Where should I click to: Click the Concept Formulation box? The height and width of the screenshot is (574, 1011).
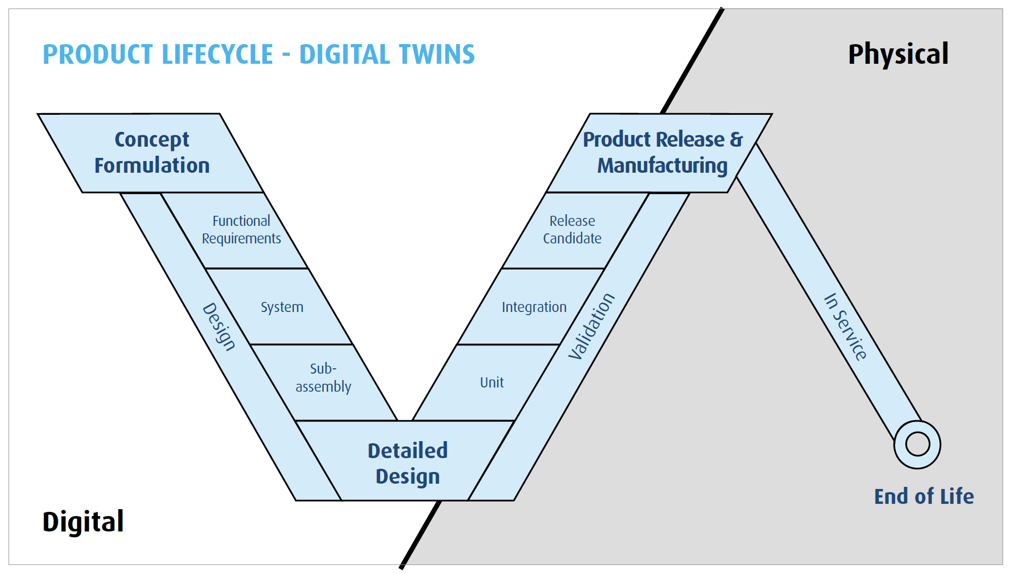click(x=151, y=153)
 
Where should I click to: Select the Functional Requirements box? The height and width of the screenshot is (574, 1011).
click(x=241, y=230)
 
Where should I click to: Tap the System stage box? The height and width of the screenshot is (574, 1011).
click(x=282, y=307)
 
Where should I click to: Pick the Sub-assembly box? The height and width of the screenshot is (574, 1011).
click(x=323, y=378)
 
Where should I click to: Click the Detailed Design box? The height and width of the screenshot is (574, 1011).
click(x=408, y=463)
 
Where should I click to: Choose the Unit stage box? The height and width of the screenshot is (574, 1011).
click(x=492, y=383)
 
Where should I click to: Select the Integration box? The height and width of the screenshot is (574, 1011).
click(x=534, y=307)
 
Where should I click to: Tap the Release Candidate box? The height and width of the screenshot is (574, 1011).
click(x=572, y=230)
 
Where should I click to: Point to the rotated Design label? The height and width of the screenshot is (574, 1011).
click(x=219, y=327)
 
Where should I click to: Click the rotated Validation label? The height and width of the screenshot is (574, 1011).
click(x=591, y=326)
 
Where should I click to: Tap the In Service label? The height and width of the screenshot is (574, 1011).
click(x=846, y=326)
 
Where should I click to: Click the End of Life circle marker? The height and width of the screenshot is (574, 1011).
click(x=917, y=444)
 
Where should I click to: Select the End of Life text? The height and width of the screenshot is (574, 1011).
click(x=924, y=496)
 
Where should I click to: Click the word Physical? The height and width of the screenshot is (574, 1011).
click(x=898, y=54)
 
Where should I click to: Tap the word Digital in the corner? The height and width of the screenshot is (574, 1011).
click(x=83, y=521)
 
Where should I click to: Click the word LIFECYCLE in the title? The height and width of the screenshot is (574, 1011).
click(x=217, y=55)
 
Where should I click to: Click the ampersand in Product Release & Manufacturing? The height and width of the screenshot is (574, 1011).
click(x=736, y=139)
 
